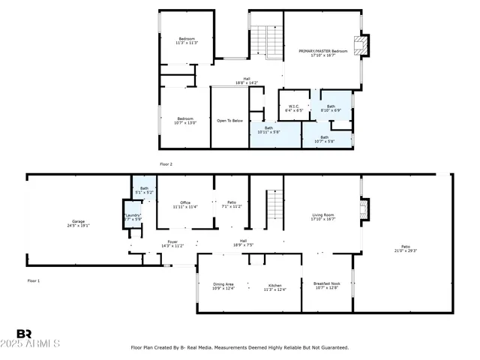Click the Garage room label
78,221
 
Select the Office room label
185,202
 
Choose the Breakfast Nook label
327,283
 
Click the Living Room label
323,215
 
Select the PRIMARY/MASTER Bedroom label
323,51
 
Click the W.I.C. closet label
294,106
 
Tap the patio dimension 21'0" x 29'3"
405,250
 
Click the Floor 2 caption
166,163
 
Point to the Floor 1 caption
33,280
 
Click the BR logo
24,334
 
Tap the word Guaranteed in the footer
332,347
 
